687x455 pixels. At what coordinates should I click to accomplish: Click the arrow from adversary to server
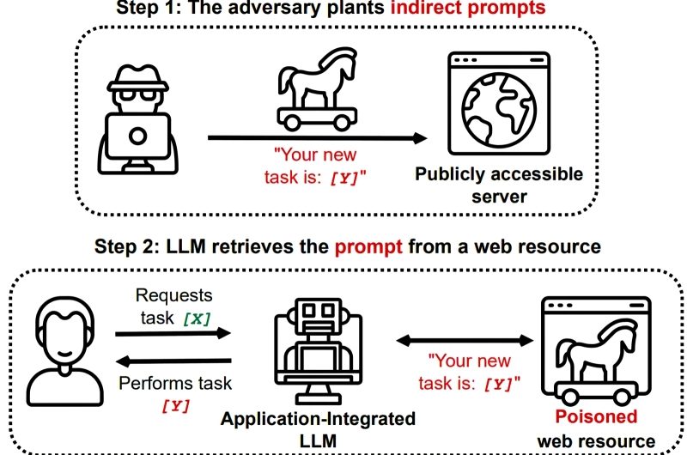(x=318, y=138)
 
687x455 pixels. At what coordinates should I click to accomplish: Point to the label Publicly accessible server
(x=499, y=185)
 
